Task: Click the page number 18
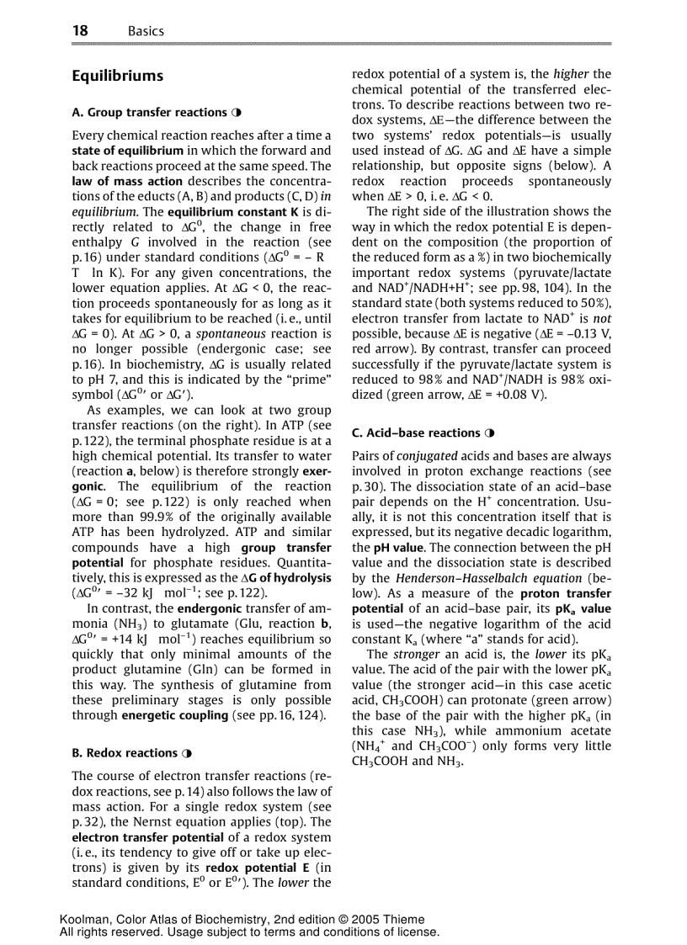(x=80, y=31)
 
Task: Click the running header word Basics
(x=146, y=31)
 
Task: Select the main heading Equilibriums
(x=117, y=76)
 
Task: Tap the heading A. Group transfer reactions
(x=149, y=112)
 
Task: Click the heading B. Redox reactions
(x=125, y=753)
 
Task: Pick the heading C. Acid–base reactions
(x=416, y=433)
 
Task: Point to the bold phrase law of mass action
(x=127, y=181)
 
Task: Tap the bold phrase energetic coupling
(x=175, y=715)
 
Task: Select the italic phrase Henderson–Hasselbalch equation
(x=489, y=578)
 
